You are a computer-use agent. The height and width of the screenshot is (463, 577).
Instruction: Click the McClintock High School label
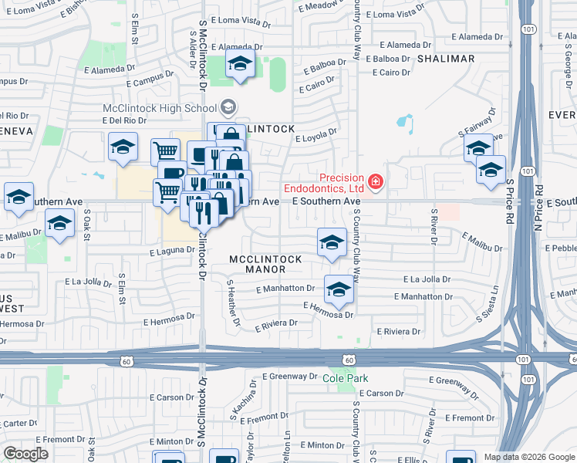point(161,107)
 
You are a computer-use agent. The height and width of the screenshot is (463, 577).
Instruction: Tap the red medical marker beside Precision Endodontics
point(376,182)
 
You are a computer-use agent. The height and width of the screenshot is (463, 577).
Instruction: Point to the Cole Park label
point(345,378)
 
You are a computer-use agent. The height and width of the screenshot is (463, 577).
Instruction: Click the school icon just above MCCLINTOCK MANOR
point(332,242)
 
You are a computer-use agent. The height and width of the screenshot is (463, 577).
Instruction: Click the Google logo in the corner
point(25,454)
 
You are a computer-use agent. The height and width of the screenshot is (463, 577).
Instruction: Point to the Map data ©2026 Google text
point(528,457)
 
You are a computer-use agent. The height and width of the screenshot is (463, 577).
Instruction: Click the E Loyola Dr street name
point(316,136)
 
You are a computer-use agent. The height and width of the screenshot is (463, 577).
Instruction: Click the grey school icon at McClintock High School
point(228,107)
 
